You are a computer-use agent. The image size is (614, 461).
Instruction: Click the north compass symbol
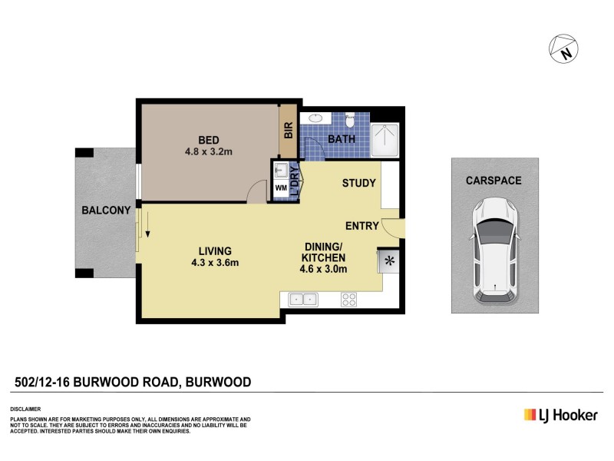point(563,49)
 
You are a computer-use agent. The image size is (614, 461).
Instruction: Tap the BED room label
point(209,140)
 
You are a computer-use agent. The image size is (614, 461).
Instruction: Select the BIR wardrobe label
point(289,131)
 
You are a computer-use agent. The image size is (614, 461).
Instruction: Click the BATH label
point(341,139)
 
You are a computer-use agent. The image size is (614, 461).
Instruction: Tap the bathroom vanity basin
point(315,119)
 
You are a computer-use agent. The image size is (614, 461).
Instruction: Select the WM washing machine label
point(280,187)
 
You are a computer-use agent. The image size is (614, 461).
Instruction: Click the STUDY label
point(358,183)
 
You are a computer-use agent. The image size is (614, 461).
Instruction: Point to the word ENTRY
point(362,226)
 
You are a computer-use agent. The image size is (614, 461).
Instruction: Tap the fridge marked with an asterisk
point(389,261)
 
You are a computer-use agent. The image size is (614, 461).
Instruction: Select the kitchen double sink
point(303,299)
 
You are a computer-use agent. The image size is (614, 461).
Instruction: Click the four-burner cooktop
point(348,299)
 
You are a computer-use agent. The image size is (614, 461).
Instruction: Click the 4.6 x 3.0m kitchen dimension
point(324,269)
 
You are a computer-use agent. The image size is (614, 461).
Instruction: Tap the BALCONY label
point(107,211)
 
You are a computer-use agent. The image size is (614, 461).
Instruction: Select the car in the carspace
point(494,250)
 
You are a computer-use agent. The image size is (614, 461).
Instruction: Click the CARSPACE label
point(494,181)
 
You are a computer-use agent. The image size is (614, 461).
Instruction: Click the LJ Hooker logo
point(560,415)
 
